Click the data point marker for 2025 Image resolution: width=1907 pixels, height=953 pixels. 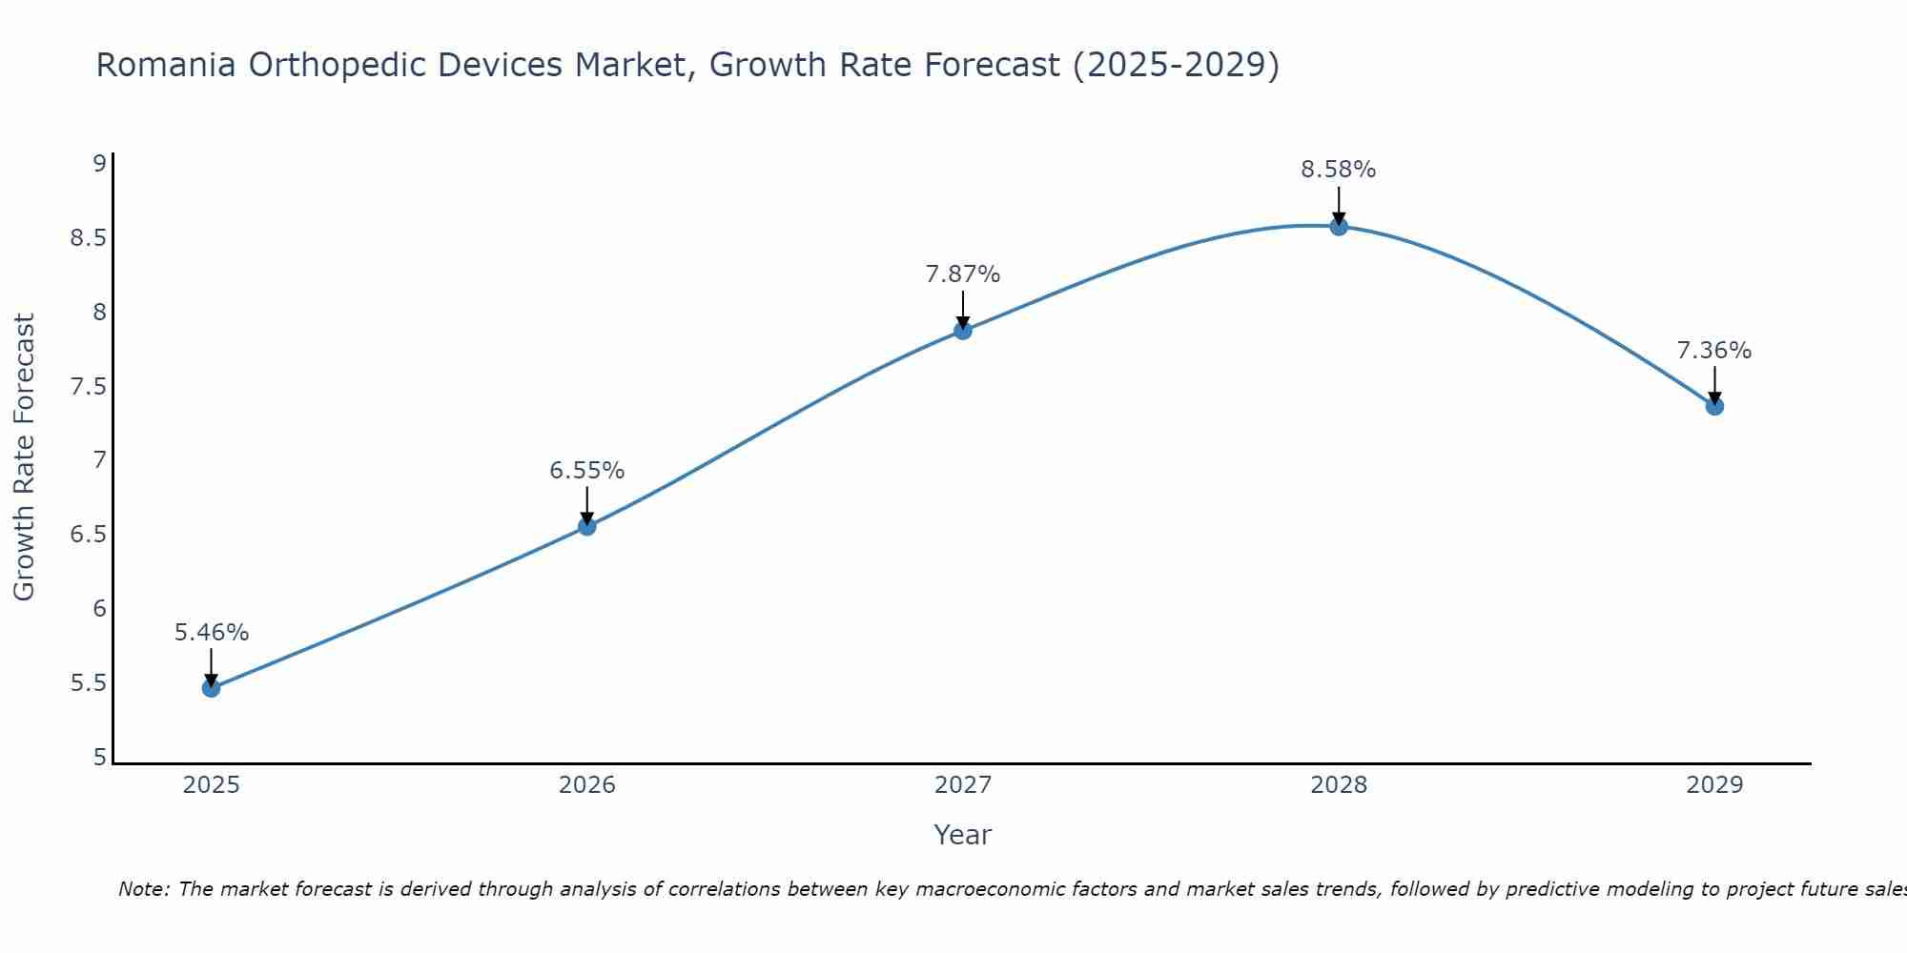[x=211, y=688]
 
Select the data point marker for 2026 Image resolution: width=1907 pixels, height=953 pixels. [x=587, y=526]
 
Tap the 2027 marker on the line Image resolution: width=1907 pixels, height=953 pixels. [x=963, y=331]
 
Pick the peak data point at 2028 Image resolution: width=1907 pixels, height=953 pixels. [x=1339, y=226]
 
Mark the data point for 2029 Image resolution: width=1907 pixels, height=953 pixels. [x=1714, y=406]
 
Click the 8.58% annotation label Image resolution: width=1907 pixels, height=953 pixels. [x=1338, y=170]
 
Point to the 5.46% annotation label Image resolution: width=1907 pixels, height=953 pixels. [x=212, y=633]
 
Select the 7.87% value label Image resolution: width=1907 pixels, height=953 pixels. [x=962, y=274]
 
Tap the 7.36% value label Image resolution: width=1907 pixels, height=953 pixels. [x=1713, y=351]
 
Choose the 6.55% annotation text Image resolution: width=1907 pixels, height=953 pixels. [x=586, y=471]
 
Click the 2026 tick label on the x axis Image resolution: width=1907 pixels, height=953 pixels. [x=587, y=785]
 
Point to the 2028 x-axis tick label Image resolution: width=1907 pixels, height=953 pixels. [x=1339, y=785]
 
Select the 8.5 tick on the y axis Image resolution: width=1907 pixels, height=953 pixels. [x=88, y=237]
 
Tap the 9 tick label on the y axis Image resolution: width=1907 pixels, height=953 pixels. [x=99, y=163]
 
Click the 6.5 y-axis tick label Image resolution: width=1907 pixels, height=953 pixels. [x=88, y=535]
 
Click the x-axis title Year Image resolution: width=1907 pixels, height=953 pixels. [x=962, y=835]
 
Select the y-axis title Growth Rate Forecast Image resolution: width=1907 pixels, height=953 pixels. [x=24, y=456]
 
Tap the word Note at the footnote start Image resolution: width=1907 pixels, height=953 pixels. [x=142, y=889]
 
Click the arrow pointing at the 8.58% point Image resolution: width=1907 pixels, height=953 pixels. [x=1339, y=204]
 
